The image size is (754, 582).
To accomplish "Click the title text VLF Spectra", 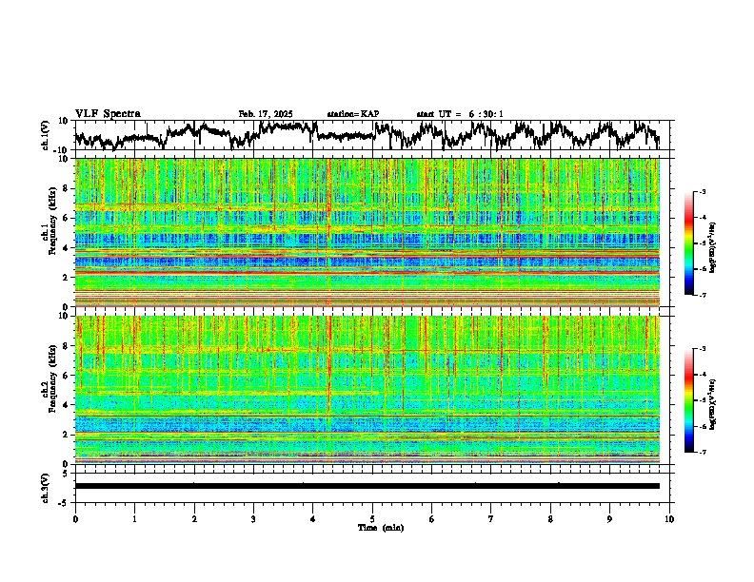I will point(108,113).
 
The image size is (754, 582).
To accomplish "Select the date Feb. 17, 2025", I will point(265,114).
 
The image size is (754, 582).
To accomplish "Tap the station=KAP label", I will point(353,114).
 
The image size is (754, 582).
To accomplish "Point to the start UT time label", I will point(460,114).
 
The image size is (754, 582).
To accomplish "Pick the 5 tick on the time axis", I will point(372,518).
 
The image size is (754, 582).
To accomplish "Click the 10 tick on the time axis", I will point(669,518).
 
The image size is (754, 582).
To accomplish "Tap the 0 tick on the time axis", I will point(75,518).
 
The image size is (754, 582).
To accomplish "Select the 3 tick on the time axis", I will point(253,518).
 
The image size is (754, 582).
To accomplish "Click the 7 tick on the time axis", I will point(491,518).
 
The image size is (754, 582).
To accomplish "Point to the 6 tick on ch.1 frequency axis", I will point(65,218).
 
